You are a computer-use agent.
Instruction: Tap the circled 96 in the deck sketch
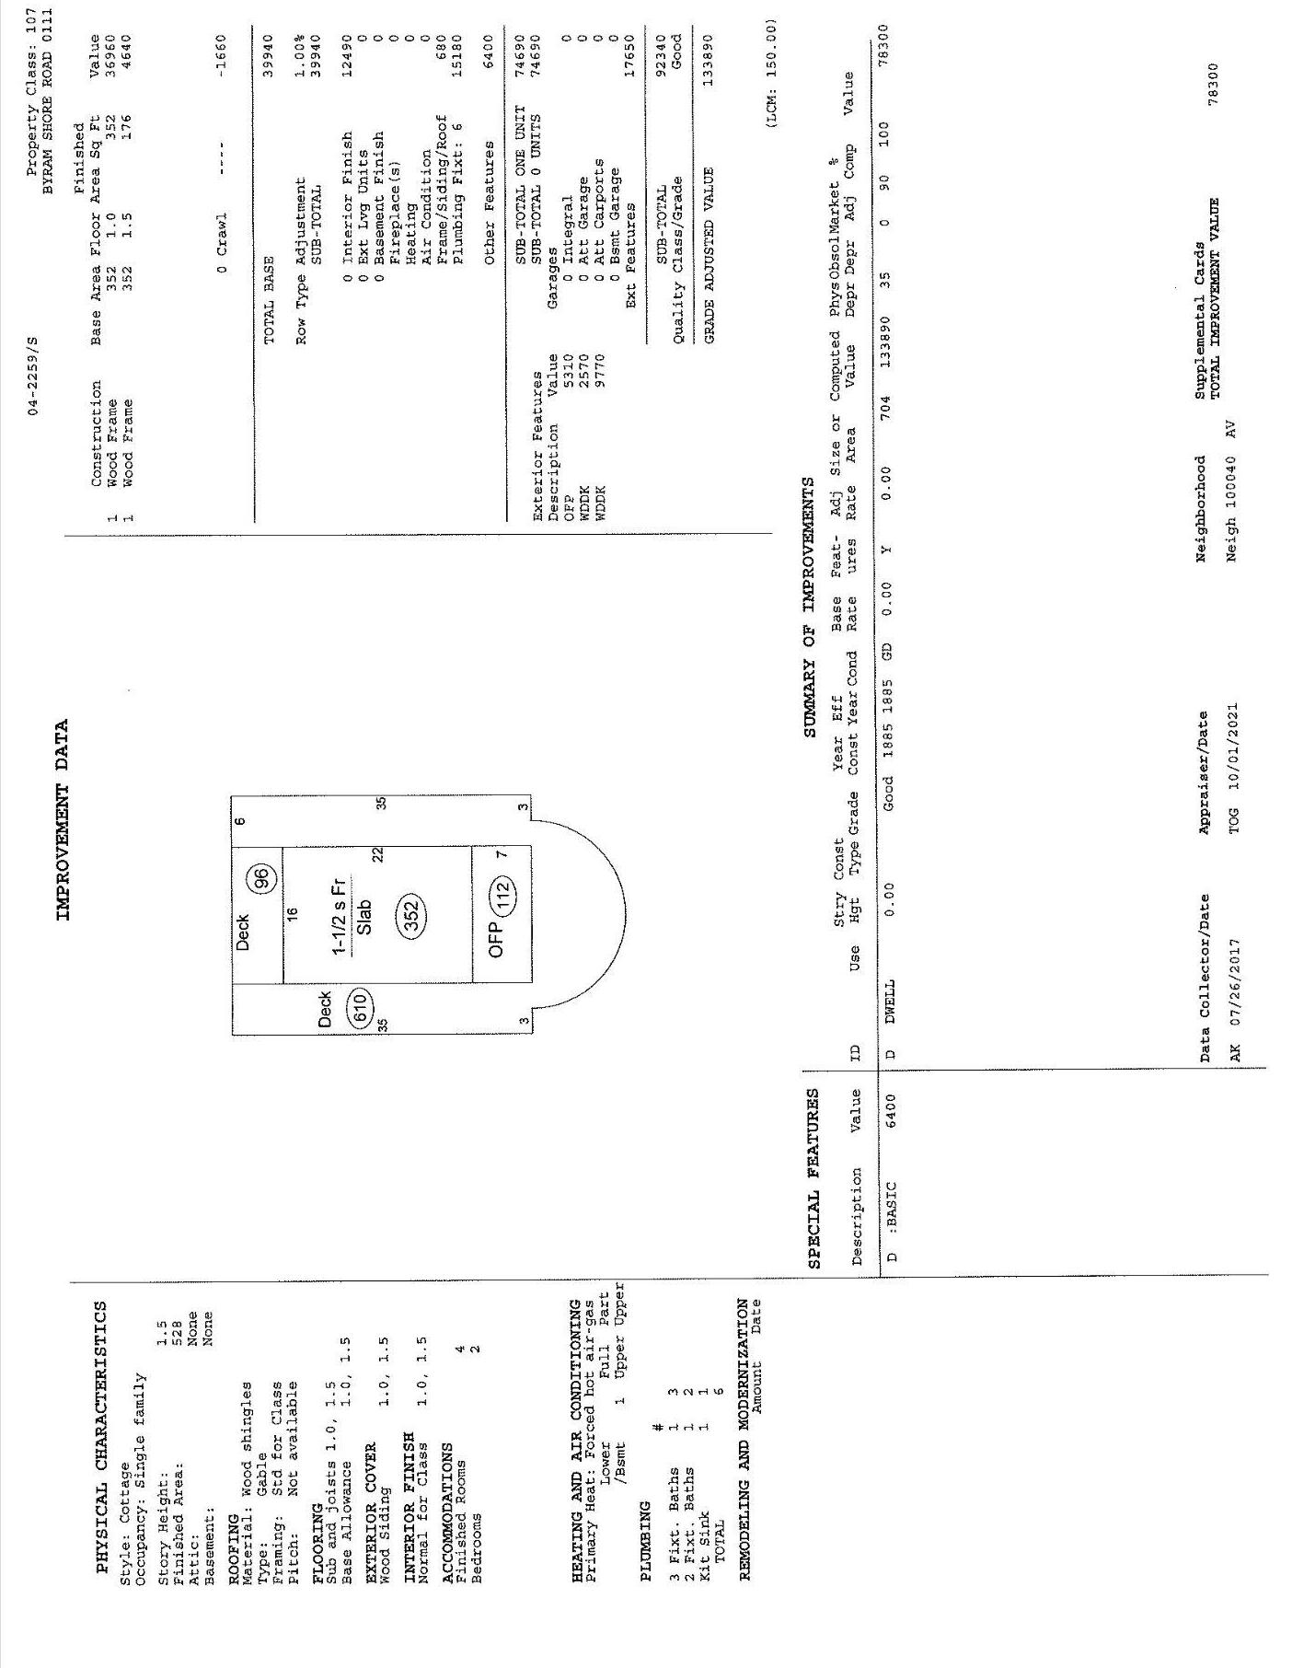(264, 878)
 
